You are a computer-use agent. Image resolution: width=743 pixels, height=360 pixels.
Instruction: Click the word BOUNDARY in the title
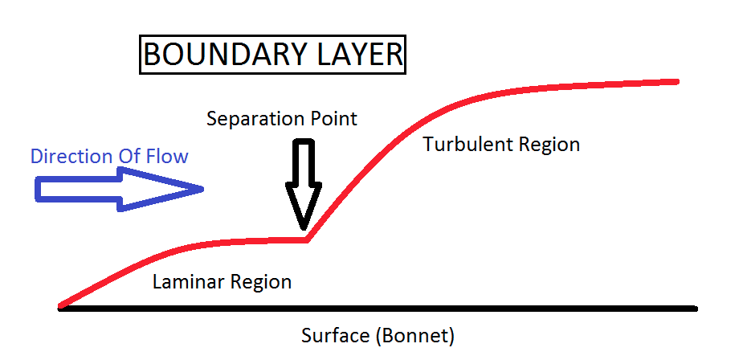click(x=221, y=55)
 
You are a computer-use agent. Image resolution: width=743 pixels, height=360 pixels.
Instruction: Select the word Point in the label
click(x=331, y=119)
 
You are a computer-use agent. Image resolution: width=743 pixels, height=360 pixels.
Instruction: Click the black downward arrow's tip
click(x=304, y=229)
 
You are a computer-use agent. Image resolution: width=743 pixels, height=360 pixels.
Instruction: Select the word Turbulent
click(x=465, y=145)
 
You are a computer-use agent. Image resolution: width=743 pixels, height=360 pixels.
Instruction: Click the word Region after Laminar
click(x=261, y=283)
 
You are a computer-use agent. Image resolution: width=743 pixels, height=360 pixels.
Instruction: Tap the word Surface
click(x=333, y=333)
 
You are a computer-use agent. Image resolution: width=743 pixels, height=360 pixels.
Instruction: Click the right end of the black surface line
click(x=695, y=308)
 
